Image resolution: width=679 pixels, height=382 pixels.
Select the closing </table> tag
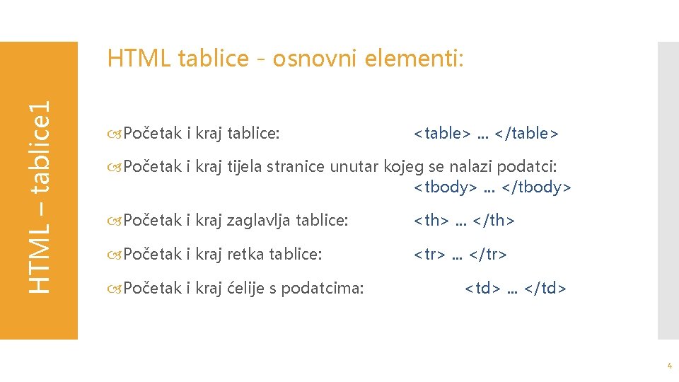(527, 133)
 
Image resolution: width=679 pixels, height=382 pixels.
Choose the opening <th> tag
(431, 221)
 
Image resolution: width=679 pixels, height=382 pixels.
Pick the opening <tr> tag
(429, 255)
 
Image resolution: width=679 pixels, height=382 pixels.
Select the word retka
(244, 255)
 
